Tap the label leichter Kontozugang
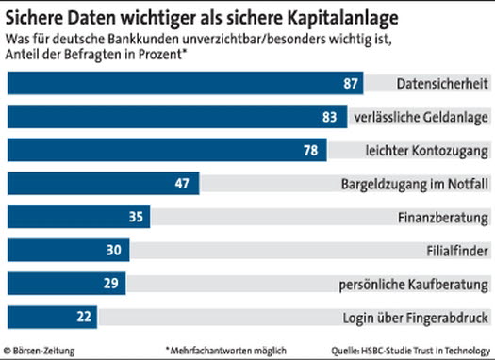tap(426, 151)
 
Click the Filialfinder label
tap(457, 250)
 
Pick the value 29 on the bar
tap(109, 283)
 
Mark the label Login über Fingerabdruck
tap(424, 316)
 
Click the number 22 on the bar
tap(82, 316)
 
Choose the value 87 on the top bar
tap(351, 85)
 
